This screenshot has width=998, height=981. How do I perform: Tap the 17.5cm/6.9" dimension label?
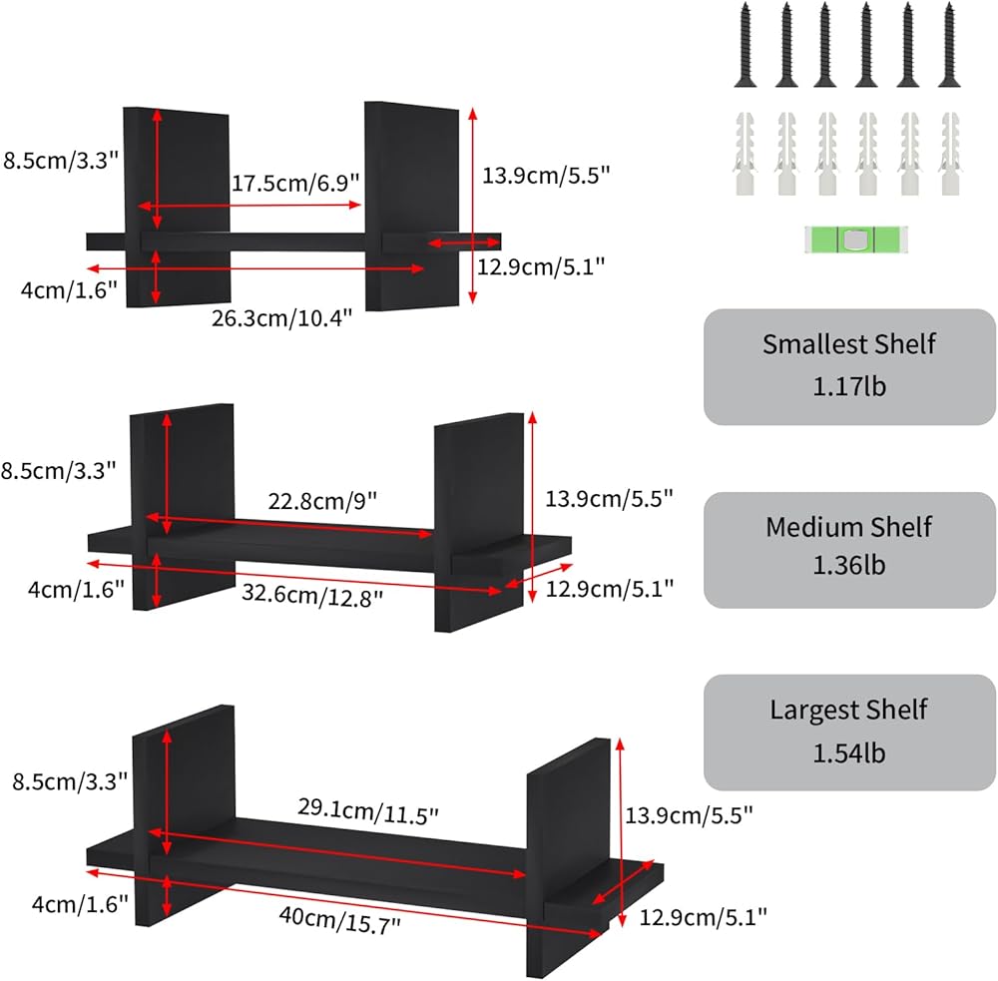tap(295, 184)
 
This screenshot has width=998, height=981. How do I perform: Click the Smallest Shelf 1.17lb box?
tap(849, 365)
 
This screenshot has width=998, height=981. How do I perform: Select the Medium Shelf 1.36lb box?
tap(849, 548)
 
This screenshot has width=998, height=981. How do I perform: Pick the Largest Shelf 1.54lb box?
tap(849, 732)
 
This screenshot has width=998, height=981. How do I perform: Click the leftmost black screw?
tap(746, 46)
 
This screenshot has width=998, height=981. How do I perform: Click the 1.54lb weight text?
tap(849, 752)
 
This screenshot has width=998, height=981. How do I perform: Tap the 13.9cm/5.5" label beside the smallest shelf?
tap(545, 174)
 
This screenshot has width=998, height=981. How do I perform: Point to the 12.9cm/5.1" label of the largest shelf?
tap(703, 915)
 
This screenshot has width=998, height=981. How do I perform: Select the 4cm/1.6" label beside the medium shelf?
tap(76, 590)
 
